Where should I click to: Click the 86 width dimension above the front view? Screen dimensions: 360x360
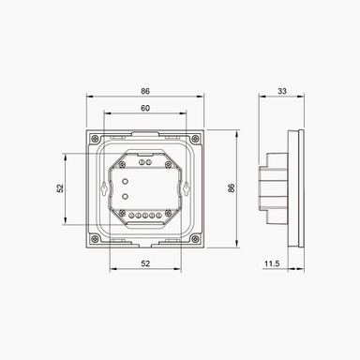[x=145, y=90]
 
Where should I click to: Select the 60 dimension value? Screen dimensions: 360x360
[x=145, y=109]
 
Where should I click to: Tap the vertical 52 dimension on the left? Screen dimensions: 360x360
[x=59, y=187]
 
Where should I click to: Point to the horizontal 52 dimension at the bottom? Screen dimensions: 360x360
[x=145, y=264]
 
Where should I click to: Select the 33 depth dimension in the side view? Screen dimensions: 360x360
[x=282, y=90]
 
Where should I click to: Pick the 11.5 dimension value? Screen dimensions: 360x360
[x=272, y=264]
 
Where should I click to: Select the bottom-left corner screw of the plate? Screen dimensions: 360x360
[x=96, y=237]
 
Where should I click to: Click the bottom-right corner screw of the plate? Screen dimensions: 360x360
[x=195, y=237]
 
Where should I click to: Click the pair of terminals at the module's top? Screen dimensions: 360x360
[x=145, y=157]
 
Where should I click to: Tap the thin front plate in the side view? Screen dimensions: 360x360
[x=300, y=187]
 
